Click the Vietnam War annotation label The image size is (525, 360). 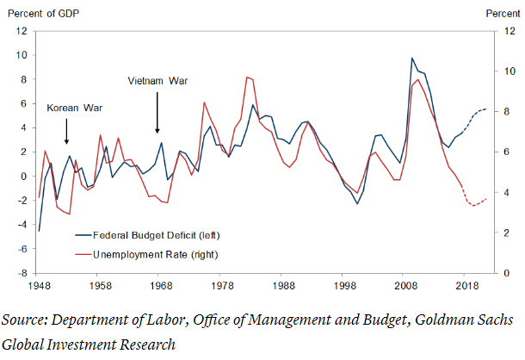click(x=157, y=81)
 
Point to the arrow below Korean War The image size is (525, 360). click(x=66, y=132)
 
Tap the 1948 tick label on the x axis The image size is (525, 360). click(x=40, y=283)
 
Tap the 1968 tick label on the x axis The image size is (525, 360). click(x=161, y=283)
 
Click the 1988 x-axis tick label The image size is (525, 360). click(x=283, y=283)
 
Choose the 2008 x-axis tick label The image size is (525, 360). click(x=405, y=283)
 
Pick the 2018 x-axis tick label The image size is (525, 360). click(x=466, y=283)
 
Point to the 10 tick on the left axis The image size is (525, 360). click(x=23, y=55)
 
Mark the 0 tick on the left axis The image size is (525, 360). click(x=26, y=176)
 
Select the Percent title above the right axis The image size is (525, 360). click(x=503, y=12)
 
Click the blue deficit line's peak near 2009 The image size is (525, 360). click(x=412, y=59)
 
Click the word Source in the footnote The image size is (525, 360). click(x=24, y=320)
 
